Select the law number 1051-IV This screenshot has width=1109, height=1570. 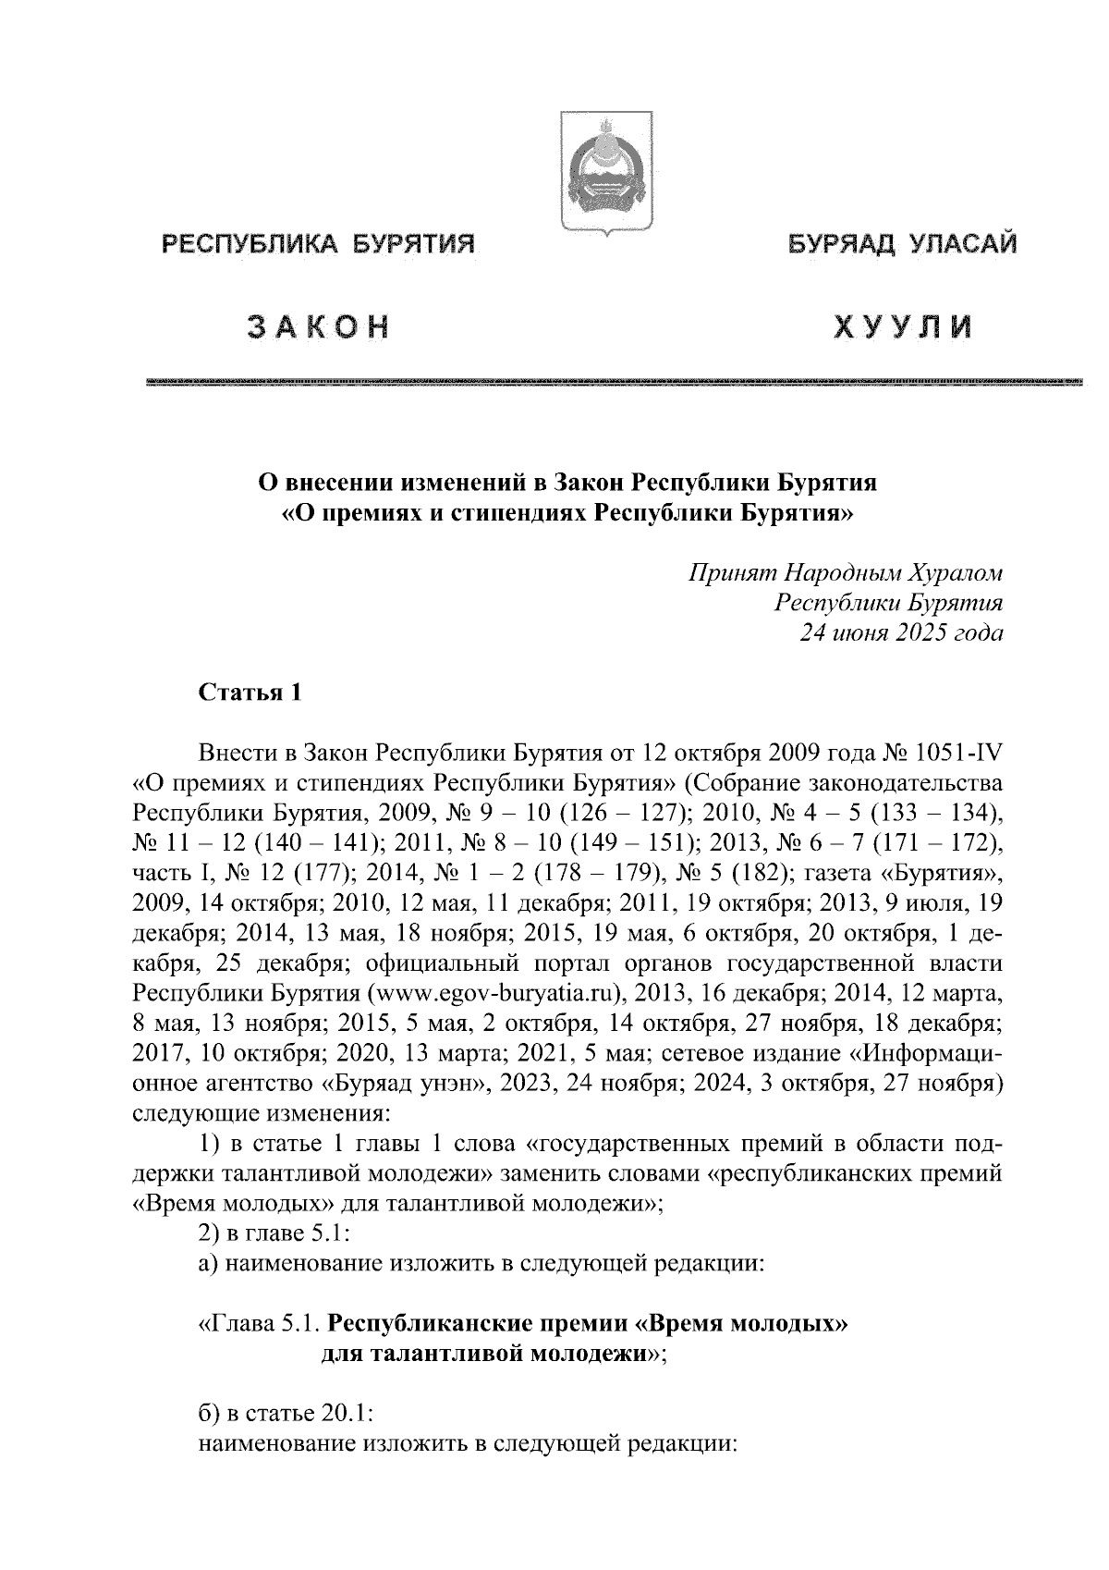coord(959,754)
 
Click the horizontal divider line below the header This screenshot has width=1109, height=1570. coord(614,381)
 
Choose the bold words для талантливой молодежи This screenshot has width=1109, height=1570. coord(482,1355)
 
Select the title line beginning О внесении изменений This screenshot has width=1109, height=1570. coord(566,482)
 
